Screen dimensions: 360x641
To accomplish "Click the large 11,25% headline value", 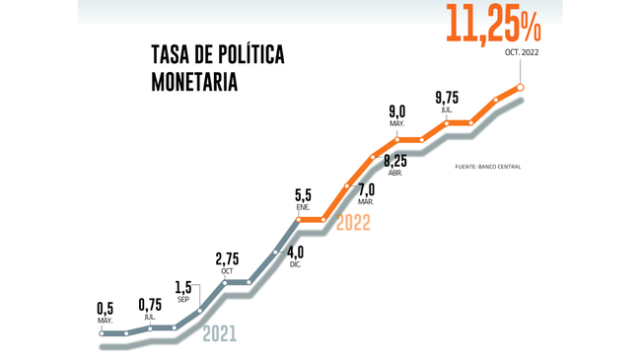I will [492, 25].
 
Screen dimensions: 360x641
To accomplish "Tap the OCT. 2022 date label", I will [522, 52].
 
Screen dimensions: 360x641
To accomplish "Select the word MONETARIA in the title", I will [195, 82].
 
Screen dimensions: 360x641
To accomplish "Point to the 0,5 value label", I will [106, 308].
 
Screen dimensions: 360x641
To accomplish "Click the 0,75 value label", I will [151, 305].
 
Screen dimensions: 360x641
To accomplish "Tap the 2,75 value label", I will [227, 259].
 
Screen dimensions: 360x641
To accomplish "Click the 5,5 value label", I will [304, 196].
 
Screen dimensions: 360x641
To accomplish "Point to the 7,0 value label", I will [366, 189].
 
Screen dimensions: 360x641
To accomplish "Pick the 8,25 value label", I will [395, 161].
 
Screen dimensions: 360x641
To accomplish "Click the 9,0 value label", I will [397, 111].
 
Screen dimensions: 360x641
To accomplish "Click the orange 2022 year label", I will [353, 223].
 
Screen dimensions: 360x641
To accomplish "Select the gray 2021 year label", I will [219, 334].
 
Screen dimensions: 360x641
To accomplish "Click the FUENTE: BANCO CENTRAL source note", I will [487, 167].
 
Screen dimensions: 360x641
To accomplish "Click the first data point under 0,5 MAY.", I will [103, 332].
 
